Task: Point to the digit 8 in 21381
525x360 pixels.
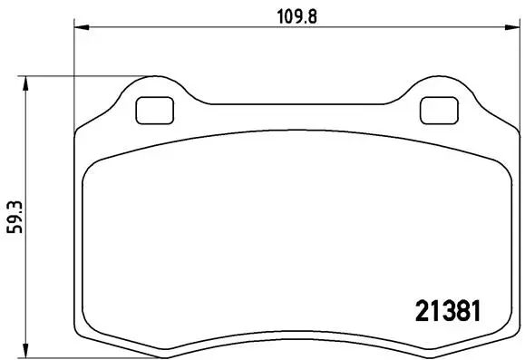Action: [455, 310]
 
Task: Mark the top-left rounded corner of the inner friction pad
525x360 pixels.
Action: [91, 170]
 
